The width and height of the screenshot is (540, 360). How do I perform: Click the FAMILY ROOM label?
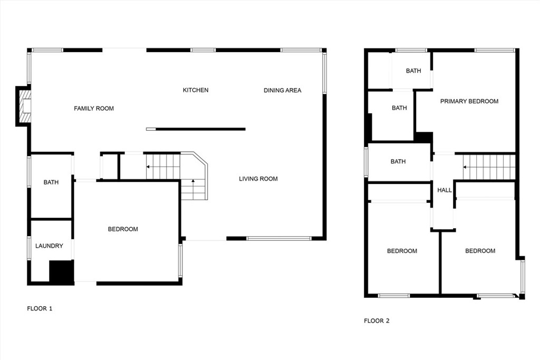click(94, 109)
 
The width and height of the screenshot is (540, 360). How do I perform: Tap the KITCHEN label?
click(196, 90)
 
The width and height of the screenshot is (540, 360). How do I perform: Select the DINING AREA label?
click(283, 90)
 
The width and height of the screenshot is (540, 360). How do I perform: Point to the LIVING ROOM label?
click(258, 179)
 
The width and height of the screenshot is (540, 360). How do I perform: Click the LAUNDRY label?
click(49, 246)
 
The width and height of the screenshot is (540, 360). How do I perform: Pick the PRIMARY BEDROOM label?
click(469, 101)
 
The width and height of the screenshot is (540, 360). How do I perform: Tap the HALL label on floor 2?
click(445, 190)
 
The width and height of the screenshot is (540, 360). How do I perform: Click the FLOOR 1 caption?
click(40, 308)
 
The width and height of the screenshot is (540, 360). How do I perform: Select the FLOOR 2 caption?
click(377, 320)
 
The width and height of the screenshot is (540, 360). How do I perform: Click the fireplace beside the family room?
click(24, 106)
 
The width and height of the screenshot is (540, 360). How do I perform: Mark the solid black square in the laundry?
click(61, 272)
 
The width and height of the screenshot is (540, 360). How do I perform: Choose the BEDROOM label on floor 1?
click(123, 229)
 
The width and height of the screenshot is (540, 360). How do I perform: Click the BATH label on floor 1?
click(51, 182)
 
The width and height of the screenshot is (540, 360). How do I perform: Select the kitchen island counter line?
click(200, 129)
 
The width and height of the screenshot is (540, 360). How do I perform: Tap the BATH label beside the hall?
click(398, 161)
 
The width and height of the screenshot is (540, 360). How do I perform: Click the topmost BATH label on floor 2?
click(413, 71)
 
